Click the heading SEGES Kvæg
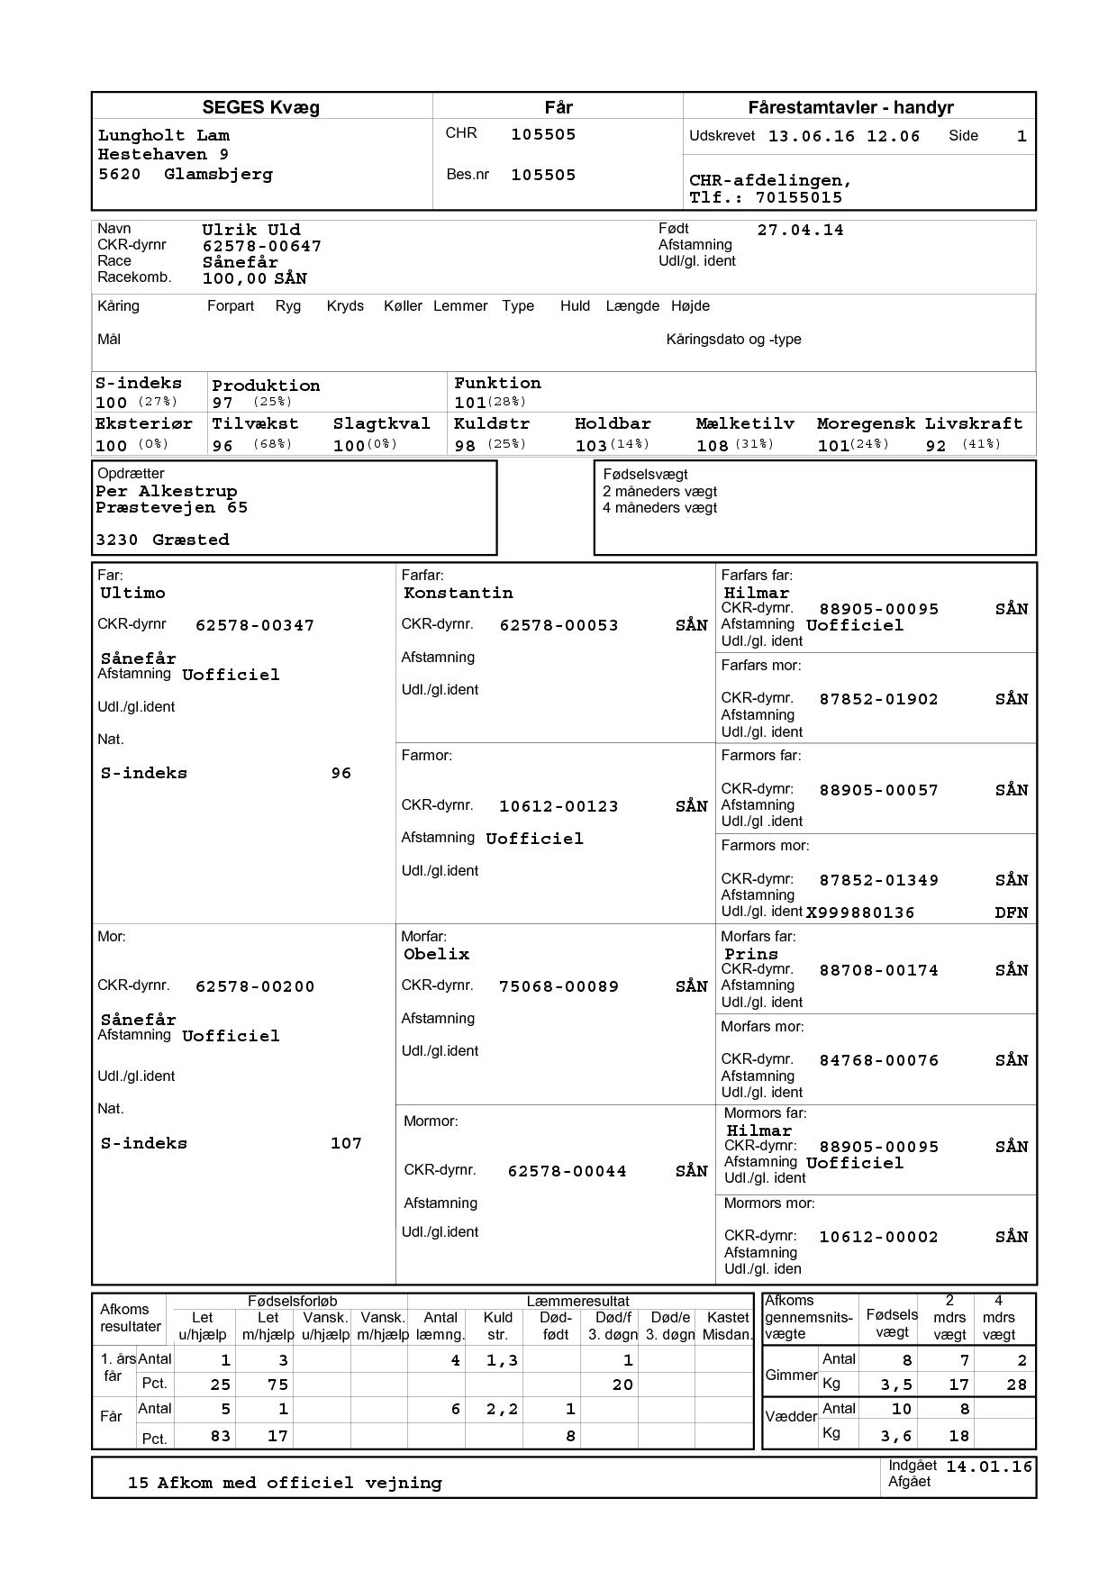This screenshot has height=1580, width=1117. pos(260,108)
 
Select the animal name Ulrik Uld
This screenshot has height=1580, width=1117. pos(251,230)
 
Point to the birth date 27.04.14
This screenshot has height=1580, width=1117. pos(800,230)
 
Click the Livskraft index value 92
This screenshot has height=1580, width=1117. pos(936,445)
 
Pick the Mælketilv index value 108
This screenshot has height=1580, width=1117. pos(713,445)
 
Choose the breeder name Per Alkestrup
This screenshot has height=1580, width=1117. pos(167,491)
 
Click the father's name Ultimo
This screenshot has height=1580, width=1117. pos(132,593)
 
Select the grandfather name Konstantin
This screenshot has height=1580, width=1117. pos(458,593)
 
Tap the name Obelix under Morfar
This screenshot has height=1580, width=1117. pos(436,954)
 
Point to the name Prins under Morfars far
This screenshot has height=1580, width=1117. pos(750,954)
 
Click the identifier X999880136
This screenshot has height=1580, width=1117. pos(859,913)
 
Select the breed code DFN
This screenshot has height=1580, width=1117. pos(1011,913)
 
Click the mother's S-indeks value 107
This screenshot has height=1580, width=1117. pos(346,1143)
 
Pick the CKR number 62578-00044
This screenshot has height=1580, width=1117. pos(567,1171)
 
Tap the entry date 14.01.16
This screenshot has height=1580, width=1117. pos(988,1466)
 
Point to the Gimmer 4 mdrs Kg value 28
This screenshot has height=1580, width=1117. pos(1016,1385)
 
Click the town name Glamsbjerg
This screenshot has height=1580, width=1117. pos(218,174)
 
